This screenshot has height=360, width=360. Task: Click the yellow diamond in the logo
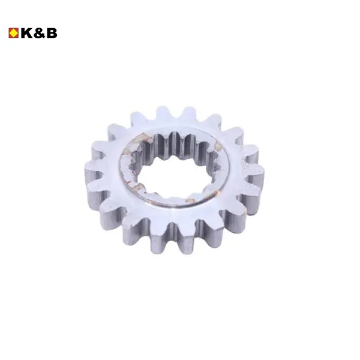tap(14, 33)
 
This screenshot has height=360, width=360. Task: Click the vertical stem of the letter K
tap(23, 33)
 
